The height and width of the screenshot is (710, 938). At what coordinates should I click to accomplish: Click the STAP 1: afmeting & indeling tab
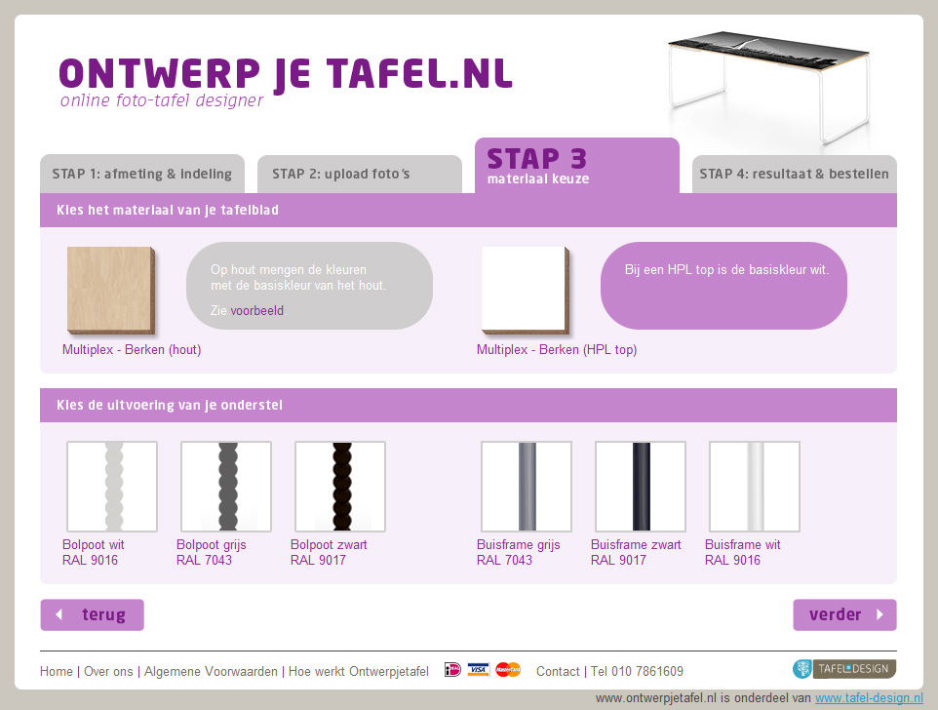coord(142,174)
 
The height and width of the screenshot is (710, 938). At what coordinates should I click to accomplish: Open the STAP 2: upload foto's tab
coord(360,174)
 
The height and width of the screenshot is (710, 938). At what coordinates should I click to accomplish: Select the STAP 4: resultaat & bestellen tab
coord(794,174)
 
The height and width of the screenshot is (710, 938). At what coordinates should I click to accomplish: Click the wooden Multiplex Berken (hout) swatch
coord(111,290)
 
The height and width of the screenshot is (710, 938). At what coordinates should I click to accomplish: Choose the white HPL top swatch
coord(526,290)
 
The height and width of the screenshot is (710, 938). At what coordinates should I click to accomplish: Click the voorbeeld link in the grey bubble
coord(257,310)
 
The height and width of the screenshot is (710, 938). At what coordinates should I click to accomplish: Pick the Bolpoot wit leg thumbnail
coord(112,487)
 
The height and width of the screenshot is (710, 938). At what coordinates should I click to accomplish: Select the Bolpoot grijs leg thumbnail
coord(226,487)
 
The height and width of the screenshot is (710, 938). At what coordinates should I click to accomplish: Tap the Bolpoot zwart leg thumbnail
coord(340,487)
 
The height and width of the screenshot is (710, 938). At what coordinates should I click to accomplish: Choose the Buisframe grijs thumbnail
coord(527,487)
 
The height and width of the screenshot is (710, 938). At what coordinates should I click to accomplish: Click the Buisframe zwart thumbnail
coord(641,487)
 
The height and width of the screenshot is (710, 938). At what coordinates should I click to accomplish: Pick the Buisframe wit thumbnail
coord(755,487)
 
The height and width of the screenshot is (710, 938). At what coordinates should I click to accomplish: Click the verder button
coord(844,614)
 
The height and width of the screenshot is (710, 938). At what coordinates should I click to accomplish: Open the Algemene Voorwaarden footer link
coord(211,671)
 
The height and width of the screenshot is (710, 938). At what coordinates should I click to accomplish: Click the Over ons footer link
coord(108,671)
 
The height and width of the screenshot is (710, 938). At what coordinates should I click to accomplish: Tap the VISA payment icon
coord(478,669)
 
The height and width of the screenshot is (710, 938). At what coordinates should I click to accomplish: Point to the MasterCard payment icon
coord(508,669)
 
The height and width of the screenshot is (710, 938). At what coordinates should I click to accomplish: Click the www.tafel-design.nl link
coord(869,698)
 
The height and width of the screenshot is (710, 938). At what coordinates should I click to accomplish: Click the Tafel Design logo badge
coord(844,669)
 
